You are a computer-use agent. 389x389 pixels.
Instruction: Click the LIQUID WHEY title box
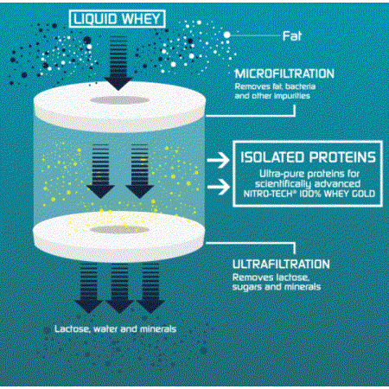click(118, 19)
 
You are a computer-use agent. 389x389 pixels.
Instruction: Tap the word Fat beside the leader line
click(292, 36)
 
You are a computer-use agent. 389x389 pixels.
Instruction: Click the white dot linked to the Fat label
click(227, 35)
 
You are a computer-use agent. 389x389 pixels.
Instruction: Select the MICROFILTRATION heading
click(284, 73)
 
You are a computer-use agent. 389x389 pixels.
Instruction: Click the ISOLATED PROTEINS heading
click(308, 157)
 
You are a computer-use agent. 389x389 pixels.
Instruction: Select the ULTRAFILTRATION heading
click(281, 265)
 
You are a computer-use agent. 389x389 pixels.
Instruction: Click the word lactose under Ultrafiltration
click(292, 277)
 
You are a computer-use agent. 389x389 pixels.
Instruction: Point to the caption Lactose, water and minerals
click(116, 329)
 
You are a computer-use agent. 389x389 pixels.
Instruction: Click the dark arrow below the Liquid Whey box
click(118, 63)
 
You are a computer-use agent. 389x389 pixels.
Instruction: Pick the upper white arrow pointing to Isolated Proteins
click(219, 160)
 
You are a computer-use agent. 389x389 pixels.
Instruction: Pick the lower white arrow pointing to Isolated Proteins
click(219, 187)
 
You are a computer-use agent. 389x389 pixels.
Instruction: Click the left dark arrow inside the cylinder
click(100, 171)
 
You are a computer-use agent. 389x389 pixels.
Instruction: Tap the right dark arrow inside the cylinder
click(140, 171)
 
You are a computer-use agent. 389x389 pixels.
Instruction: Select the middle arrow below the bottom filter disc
click(119, 288)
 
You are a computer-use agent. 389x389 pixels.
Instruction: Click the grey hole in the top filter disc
click(119, 100)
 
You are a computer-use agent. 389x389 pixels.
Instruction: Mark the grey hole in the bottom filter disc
click(119, 230)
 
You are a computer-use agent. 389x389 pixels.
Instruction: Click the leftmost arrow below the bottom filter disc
click(88, 288)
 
